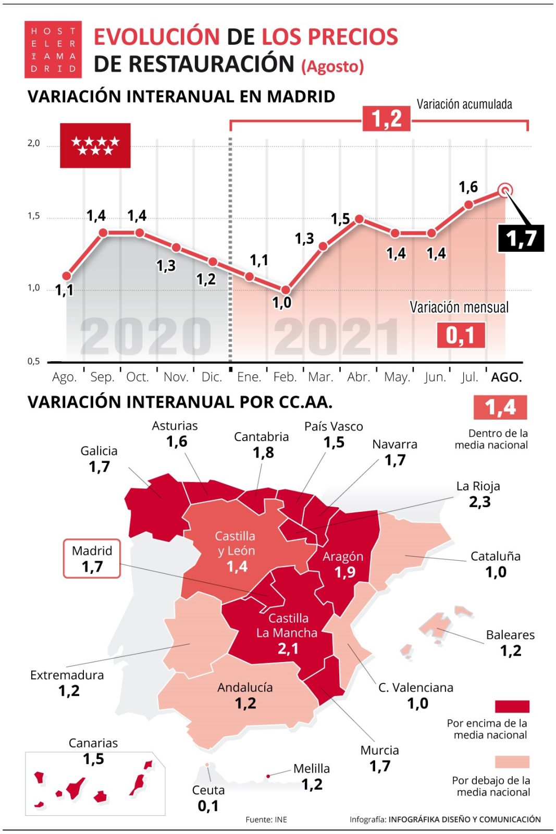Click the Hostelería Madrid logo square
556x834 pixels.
53,50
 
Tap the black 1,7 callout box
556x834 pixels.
521,238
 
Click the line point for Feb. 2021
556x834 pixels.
285,290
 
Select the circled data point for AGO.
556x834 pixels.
504,191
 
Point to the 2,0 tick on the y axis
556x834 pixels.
33,143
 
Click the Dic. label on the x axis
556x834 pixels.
212,377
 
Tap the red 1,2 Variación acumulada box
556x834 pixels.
386,118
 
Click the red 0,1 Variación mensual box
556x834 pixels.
461,335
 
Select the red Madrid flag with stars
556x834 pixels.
95,145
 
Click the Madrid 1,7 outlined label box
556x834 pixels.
92,559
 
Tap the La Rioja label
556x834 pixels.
478,486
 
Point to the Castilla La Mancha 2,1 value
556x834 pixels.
288,648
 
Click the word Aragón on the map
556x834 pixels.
342,556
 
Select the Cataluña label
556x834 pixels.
495,556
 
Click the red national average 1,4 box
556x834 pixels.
500,407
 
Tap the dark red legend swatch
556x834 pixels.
512,706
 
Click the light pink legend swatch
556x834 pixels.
512,762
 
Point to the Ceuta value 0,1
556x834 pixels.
208,806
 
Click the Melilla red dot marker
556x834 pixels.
268,776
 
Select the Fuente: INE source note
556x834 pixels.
266,819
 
